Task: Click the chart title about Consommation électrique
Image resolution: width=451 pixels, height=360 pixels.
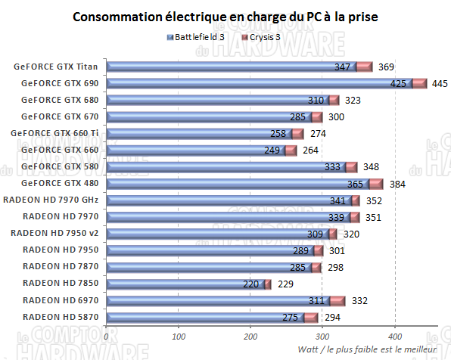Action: pos(226,16)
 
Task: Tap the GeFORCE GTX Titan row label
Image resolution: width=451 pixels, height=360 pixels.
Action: pos(57,67)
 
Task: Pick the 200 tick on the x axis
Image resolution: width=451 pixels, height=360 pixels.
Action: pos(250,336)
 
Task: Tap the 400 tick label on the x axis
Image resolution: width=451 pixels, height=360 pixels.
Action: pos(394,336)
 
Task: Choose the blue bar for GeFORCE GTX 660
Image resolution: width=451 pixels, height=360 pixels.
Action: pos(189,150)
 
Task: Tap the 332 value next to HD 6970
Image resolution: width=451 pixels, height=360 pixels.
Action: pos(359,301)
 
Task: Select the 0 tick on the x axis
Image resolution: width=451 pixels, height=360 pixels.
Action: pos(107,336)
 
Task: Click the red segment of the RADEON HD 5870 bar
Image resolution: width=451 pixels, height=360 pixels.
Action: pos(311,317)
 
